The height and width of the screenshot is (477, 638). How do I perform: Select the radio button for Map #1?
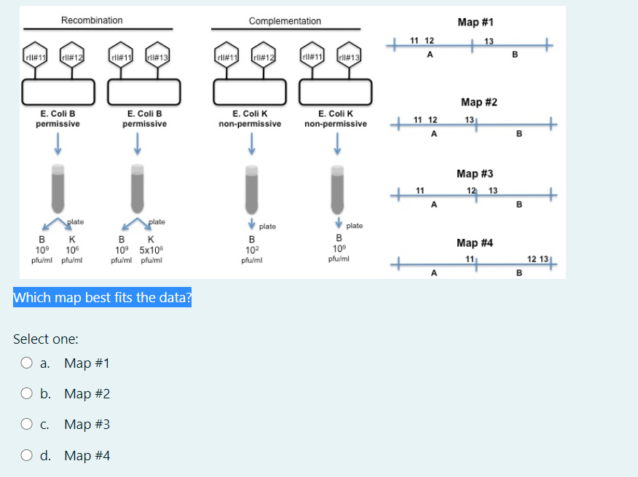tap(28, 363)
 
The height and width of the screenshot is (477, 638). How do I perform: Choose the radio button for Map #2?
tap(28, 394)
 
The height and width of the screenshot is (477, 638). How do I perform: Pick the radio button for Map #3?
tap(28, 425)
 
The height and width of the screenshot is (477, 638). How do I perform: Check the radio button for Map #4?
tap(28, 456)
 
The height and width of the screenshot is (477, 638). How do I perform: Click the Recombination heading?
tap(92, 20)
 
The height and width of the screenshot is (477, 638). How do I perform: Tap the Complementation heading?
tap(284, 21)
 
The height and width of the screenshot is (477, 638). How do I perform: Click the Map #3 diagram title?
tap(475, 173)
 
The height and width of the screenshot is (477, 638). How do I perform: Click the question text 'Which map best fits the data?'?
tap(102, 297)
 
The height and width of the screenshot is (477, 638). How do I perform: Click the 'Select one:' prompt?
tap(46, 339)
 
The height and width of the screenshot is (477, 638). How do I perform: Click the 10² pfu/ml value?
tap(251, 249)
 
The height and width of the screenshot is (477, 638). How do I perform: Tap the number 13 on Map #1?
tap(488, 40)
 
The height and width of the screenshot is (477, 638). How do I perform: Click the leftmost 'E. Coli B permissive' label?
tap(58, 119)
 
